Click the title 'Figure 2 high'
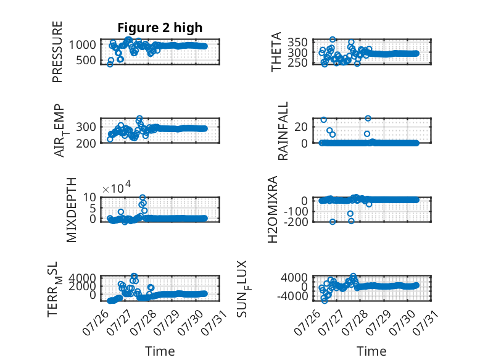pos(160,28)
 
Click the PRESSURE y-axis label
pos(57,52)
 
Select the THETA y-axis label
pos(276,52)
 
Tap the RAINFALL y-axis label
pos(283,131)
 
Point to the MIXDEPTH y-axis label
pos(71,210)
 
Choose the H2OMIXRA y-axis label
pos(273,209)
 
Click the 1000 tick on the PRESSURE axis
pos(82,44)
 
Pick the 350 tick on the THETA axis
pos(297,42)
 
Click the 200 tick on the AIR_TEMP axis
pos(86,143)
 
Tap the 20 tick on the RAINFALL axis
pos(301,127)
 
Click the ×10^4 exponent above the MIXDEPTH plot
pos(117,188)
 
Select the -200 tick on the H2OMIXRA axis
pos(296,222)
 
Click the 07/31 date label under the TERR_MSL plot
pos(214,322)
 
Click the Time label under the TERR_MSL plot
pos(160,351)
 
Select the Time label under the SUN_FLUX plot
pos(371,351)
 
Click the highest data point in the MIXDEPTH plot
pos(143,198)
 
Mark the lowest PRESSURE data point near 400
pos(110,64)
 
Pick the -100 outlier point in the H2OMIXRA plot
pos(350,213)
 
